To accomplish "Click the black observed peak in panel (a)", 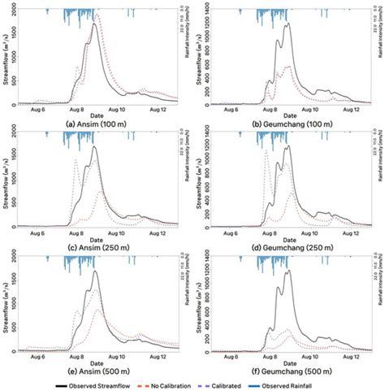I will coord(94,24).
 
